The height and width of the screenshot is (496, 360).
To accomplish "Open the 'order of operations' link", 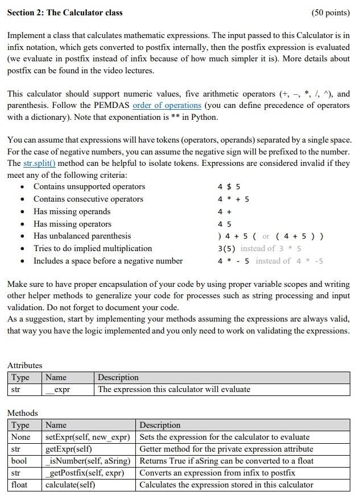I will click(x=167, y=105).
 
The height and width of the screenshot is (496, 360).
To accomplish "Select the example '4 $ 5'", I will click(x=229, y=187).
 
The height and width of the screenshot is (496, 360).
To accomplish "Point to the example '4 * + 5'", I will click(x=233, y=199).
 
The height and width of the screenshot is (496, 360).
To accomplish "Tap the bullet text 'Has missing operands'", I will click(x=72, y=211).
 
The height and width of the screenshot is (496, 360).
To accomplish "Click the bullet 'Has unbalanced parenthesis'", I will click(x=82, y=236).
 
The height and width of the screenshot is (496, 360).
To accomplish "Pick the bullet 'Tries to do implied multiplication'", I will click(x=93, y=248).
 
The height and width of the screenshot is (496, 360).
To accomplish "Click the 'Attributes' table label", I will click(x=24, y=365).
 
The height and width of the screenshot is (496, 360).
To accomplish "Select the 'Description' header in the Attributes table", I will click(x=118, y=377).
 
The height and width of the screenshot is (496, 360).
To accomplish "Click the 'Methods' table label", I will click(x=22, y=413).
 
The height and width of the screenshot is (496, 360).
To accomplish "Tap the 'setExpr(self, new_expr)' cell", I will click(x=88, y=437).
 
